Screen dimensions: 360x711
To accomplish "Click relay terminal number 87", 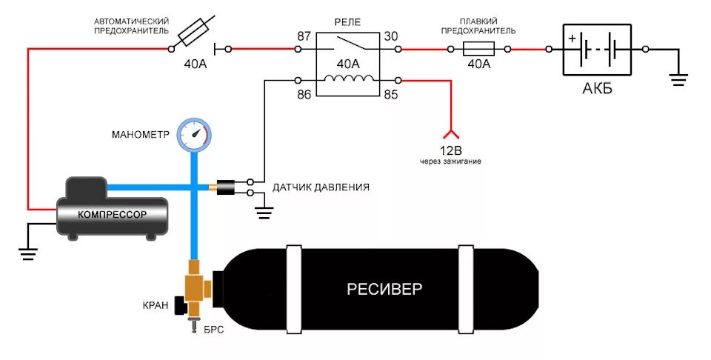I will coord(304,36).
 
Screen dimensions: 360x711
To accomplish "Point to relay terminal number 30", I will coord(390,36).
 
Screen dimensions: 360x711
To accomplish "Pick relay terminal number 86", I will coord(304,94).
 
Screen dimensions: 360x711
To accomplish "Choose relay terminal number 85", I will coord(390,94).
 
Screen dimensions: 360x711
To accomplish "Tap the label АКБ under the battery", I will coord(598,90).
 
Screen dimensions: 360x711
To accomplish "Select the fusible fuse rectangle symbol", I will coord(478,50).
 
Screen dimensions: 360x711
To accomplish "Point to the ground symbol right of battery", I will coord(678,78).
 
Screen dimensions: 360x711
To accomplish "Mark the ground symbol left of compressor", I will coord(28,253).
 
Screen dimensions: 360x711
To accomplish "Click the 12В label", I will coord(450,149).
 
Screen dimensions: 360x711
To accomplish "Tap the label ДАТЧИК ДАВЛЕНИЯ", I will coord(321,187).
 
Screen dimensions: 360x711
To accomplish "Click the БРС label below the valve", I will coord(213,330).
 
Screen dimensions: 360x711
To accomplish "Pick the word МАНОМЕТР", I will coord(141,135).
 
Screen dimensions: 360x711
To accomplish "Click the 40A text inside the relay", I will coord(348,64).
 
